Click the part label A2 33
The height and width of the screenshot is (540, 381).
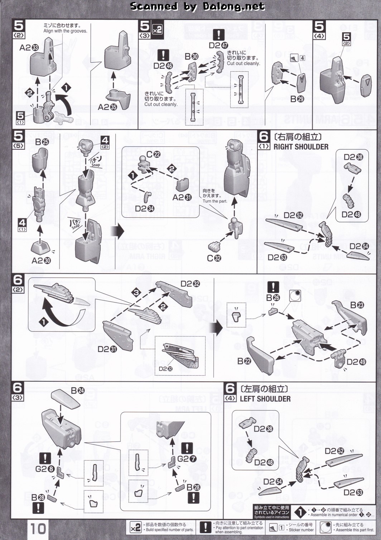point(29,48)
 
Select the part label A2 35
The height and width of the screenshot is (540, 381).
point(107,107)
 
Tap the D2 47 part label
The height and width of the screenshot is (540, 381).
point(218,45)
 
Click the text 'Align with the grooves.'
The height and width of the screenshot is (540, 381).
point(65,31)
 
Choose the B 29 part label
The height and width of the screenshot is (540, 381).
point(297,99)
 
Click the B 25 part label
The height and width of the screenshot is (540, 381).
point(42,142)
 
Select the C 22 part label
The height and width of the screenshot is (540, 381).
point(153,154)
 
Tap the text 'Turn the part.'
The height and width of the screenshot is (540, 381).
point(215,201)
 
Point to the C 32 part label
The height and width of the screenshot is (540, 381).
point(214,258)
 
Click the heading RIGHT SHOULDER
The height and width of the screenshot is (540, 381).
point(301,147)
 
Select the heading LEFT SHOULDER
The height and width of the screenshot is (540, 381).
point(265,399)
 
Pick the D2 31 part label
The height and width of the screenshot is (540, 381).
point(107,349)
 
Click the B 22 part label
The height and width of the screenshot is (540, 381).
point(244,361)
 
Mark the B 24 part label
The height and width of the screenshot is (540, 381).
point(78,391)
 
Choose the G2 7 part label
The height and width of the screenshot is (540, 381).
point(187,459)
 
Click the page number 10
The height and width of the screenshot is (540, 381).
point(38,529)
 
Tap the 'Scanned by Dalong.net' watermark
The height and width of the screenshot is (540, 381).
point(197,6)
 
